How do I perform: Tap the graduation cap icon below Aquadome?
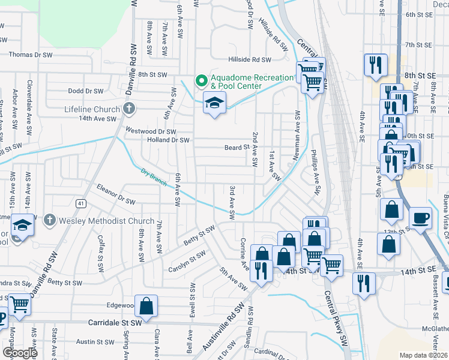click(x=214, y=103)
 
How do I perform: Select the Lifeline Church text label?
click(x=92, y=110)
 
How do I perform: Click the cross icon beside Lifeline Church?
click(x=128, y=109)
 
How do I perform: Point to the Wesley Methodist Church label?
click(x=106, y=221)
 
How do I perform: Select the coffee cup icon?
click(x=420, y=218)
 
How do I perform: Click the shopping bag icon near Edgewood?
click(x=146, y=307)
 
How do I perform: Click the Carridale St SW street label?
click(x=114, y=322)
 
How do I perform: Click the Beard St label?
click(x=237, y=147)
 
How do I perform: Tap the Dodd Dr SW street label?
click(x=86, y=91)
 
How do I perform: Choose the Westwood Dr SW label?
click(x=151, y=131)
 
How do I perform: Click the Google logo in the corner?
click(x=20, y=353)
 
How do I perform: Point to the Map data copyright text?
click(x=423, y=355)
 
